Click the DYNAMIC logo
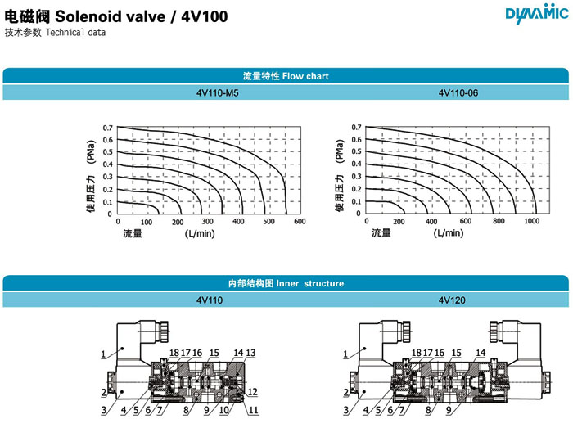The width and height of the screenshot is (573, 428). (537, 14)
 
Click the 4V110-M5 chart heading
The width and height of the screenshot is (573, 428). (218, 92)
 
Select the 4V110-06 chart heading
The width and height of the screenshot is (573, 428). (458, 92)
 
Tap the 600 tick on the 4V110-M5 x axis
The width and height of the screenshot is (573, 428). (300, 221)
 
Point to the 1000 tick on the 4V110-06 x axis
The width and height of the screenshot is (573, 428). (532, 221)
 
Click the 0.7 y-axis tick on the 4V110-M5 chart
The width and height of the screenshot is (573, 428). (107, 128)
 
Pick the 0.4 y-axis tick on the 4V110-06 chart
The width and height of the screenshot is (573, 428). (356, 164)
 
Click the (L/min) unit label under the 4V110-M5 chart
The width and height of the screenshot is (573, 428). (200, 233)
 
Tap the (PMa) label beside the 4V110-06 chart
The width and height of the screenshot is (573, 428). (340, 151)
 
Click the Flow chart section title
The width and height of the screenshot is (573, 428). (286, 76)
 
